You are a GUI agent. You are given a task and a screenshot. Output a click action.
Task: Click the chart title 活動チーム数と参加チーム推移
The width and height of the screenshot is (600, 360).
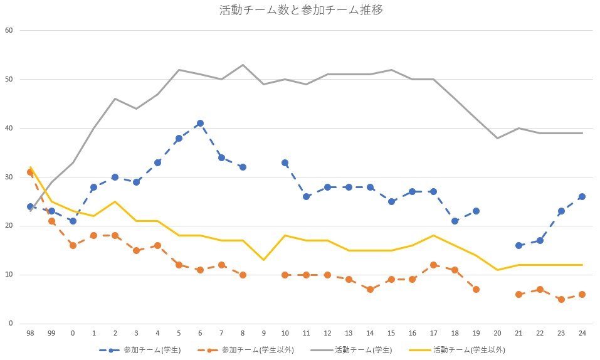pos(300,10)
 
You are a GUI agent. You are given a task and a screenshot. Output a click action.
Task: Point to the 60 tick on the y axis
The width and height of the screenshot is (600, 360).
pos(8,30)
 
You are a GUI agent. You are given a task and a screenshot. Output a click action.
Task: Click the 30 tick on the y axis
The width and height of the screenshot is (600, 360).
pos(8,177)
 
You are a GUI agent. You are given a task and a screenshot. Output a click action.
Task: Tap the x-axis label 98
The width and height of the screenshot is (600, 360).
pos(30,333)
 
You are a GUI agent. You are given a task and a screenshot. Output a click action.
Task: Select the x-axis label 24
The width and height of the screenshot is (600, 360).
pos(582,333)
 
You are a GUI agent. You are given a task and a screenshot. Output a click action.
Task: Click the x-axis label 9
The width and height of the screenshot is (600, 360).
pos(264,333)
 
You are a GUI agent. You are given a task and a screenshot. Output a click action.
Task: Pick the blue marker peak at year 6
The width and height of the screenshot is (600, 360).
pos(200,124)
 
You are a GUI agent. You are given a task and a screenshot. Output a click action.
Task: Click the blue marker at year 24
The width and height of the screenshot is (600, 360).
pos(582,196)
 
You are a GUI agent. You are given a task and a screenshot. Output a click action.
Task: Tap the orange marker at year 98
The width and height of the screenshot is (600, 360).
pos(30,172)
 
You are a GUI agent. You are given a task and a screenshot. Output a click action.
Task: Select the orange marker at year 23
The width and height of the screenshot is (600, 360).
pos(561,299)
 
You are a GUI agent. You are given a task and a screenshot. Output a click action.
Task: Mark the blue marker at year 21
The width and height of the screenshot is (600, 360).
pos(518,245)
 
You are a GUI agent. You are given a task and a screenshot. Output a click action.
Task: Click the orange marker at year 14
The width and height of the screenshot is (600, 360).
pos(370,289)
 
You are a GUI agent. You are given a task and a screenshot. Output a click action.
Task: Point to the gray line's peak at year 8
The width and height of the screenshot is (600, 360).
pos(243,65)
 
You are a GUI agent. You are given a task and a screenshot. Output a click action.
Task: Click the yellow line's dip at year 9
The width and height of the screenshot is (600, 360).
pos(264,260)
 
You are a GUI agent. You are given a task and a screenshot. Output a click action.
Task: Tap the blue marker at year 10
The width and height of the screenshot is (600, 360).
pos(285,162)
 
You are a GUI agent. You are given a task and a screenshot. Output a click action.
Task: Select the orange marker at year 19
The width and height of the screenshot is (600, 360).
pos(476,289)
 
